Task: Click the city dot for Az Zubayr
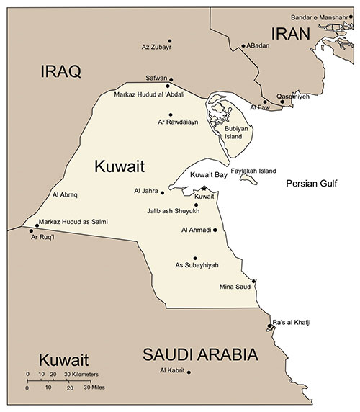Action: (x=170, y=41)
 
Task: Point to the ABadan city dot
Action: (x=243, y=45)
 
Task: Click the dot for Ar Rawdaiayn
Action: (x=170, y=115)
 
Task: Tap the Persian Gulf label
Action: (x=312, y=184)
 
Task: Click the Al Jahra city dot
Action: (x=163, y=192)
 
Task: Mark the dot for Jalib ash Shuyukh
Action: (x=197, y=205)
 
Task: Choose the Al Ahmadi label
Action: (x=196, y=230)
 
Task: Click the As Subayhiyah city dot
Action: (x=195, y=258)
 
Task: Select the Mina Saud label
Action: (x=234, y=287)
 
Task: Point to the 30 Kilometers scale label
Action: (x=82, y=375)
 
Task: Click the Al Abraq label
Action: (x=66, y=194)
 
